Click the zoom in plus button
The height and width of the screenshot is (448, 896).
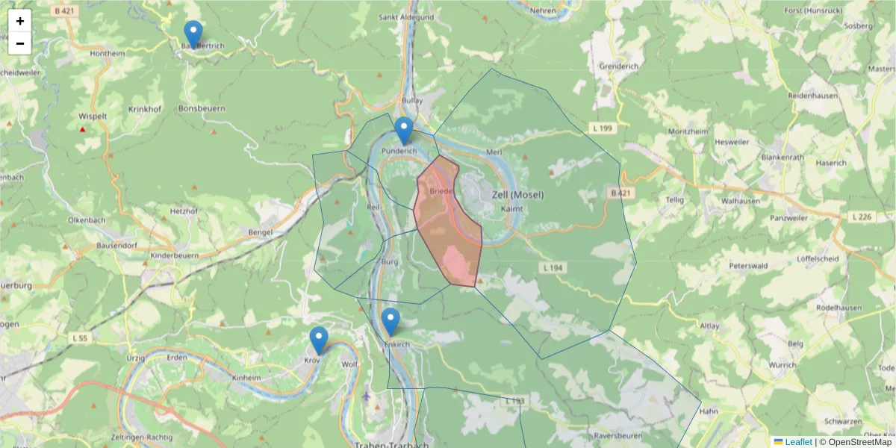point(20,21)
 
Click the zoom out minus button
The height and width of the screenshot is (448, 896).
point(20,43)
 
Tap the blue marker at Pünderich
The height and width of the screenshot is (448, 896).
point(403,131)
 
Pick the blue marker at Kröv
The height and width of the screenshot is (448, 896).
point(319,340)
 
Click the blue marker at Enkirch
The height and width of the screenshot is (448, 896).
point(390,322)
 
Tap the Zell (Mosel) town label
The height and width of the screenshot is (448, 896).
point(518,195)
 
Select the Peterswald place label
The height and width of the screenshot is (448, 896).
point(749,266)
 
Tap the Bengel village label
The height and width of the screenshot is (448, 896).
point(261,233)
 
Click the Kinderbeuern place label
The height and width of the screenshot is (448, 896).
point(175,255)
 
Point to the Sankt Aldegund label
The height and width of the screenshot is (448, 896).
point(406,16)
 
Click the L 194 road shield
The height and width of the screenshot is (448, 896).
point(553,267)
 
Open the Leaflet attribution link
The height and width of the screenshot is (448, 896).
point(797,442)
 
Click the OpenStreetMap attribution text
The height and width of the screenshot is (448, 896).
point(859,442)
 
